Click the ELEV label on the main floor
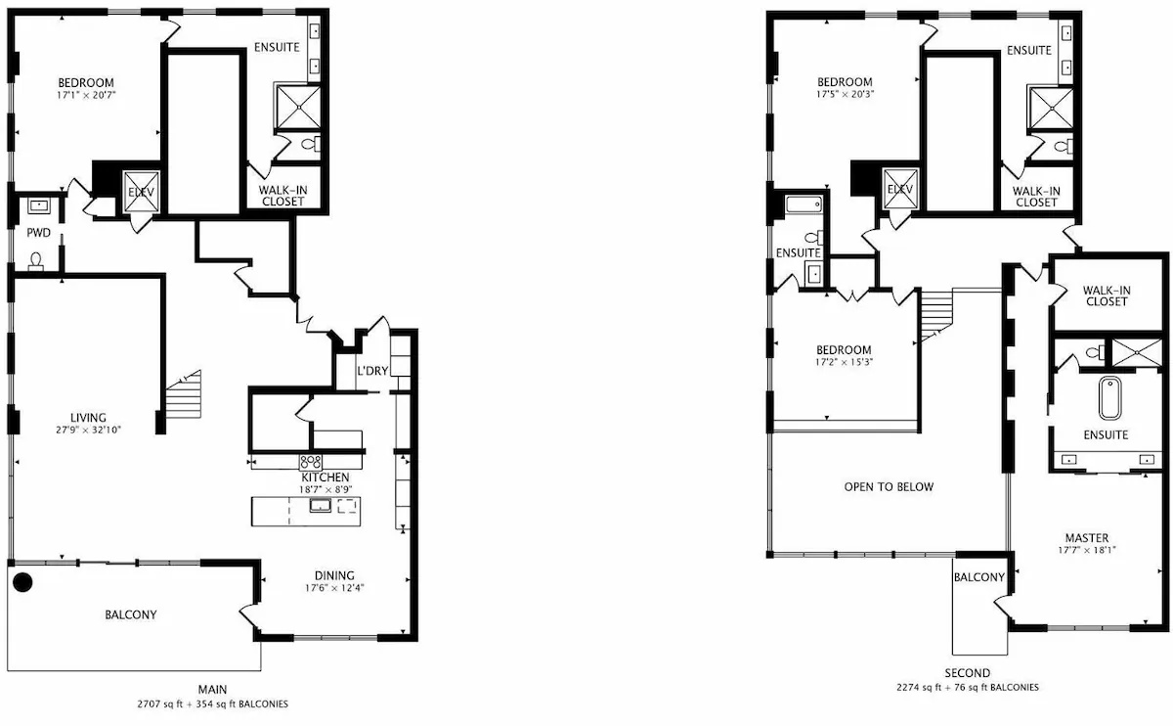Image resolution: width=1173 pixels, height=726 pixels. (x=142, y=193)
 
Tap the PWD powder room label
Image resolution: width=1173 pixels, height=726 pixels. (x=39, y=233)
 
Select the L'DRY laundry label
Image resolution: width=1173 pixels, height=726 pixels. (x=372, y=371)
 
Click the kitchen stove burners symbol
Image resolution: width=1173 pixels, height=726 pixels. (x=310, y=462)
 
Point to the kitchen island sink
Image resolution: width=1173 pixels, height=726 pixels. (x=320, y=505)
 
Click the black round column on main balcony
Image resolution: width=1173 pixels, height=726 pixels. (x=22, y=582)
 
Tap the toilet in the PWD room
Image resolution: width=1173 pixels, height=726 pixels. (x=35, y=261)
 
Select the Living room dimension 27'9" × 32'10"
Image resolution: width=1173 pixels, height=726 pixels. (x=89, y=431)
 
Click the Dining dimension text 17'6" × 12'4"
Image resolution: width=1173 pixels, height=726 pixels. (x=334, y=588)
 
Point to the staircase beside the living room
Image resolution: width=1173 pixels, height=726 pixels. (x=184, y=394)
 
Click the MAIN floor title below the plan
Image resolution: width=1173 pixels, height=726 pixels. (x=212, y=689)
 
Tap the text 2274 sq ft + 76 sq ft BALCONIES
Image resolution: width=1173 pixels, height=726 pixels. (x=967, y=687)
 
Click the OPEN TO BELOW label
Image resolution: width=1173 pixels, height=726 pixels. (x=889, y=487)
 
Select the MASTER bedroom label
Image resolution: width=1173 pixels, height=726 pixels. (x=1087, y=538)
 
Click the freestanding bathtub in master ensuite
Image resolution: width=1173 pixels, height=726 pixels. (x=1110, y=398)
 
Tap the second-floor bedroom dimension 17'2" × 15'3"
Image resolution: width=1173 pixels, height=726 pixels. (x=844, y=362)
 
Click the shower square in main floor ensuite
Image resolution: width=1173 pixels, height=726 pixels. (x=298, y=107)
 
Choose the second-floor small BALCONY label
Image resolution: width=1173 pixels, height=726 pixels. (x=978, y=577)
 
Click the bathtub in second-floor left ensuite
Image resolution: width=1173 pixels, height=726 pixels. (x=804, y=204)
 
